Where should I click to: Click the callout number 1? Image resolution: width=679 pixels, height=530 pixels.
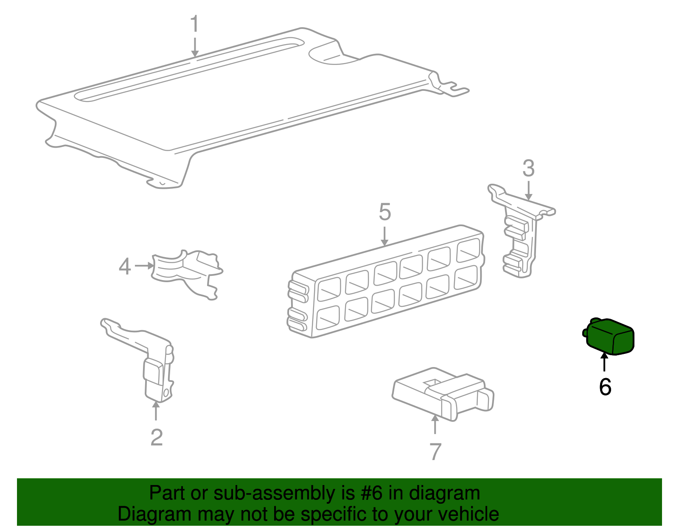[195, 23]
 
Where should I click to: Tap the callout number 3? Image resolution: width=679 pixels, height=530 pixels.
[528, 168]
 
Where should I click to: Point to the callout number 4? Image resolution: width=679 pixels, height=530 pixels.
[125, 266]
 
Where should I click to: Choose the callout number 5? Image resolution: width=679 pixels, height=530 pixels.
[384, 212]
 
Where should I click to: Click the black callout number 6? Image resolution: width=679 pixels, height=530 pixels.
[605, 387]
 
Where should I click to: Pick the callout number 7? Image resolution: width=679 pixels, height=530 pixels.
[435, 451]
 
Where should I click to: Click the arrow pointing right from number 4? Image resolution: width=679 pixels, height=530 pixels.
[144, 266]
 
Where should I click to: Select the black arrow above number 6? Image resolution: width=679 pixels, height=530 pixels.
[604, 362]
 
